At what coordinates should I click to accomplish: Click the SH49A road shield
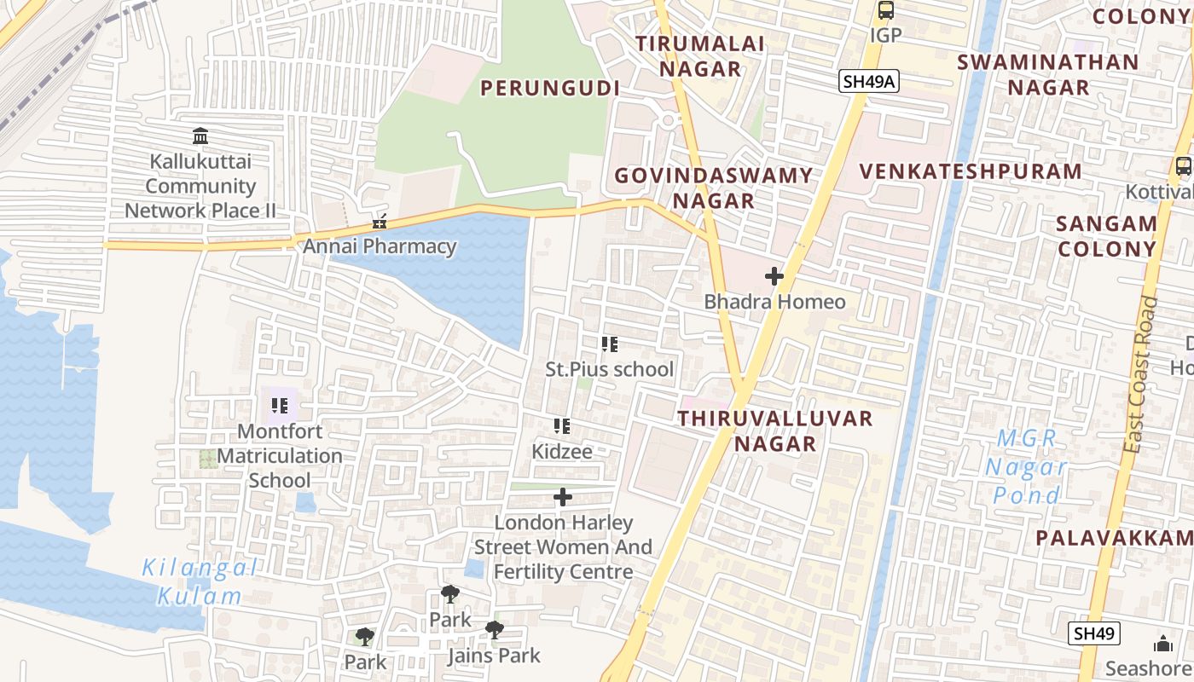pos(869,81)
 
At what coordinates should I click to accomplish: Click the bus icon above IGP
pos(886,11)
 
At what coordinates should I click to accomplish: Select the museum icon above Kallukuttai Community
pos(200,136)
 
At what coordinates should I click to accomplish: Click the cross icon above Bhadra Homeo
pos(774,276)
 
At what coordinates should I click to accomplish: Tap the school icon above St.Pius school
pos(609,344)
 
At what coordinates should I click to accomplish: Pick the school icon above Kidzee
pos(561,426)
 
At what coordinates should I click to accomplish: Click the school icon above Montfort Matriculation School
pos(279,406)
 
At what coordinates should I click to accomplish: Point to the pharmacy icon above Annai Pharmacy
pos(380,223)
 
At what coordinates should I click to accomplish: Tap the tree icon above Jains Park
pos(494,631)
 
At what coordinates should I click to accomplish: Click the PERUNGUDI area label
pos(549,88)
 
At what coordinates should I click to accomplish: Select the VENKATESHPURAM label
pos(971,171)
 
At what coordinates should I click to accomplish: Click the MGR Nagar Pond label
pos(1027,466)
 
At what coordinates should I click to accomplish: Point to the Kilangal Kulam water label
pos(200,581)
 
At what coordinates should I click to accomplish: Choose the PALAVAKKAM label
pos(1113,538)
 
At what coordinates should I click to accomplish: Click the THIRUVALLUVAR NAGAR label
pos(775,431)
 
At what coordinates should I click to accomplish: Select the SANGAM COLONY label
pos(1106,236)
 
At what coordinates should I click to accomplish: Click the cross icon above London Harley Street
pos(563,497)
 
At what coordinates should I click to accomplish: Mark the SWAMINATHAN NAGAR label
pos(1047,74)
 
